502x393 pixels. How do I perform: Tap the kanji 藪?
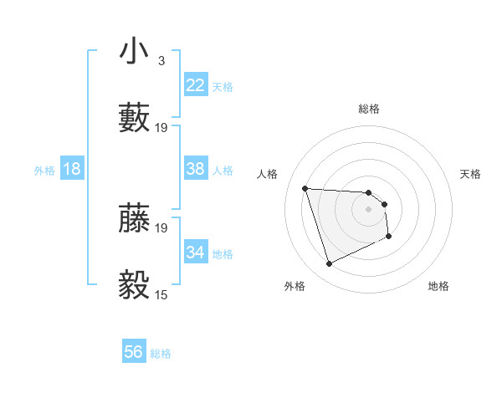click(x=135, y=117)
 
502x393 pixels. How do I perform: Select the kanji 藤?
click(x=135, y=217)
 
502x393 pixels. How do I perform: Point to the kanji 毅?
click(x=135, y=285)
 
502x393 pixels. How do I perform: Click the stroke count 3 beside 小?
click(x=161, y=61)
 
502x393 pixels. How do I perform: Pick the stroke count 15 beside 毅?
click(x=161, y=294)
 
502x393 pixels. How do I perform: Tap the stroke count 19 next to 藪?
click(x=161, y=127)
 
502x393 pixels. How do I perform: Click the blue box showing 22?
click(x=196, y=85)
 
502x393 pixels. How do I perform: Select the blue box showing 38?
click(x=196, y=169)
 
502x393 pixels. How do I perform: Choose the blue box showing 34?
click(x=196, y=252)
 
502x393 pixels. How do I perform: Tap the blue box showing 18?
click(x=72, y=169)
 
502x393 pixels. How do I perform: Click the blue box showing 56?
click(x=134, y=352)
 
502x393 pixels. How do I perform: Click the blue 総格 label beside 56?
click(x=161, y=354)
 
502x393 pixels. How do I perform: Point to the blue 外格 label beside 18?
click(x=44, y=171)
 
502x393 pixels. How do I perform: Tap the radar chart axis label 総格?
click(x=369, y=109)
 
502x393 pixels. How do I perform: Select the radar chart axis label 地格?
click(x=438, y=286)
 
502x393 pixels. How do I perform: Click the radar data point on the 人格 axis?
click(x=305, y=188)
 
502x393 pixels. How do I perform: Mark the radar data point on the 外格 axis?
click(x=329, y=264)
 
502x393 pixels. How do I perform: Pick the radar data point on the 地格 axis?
click(x=389, y=237)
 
